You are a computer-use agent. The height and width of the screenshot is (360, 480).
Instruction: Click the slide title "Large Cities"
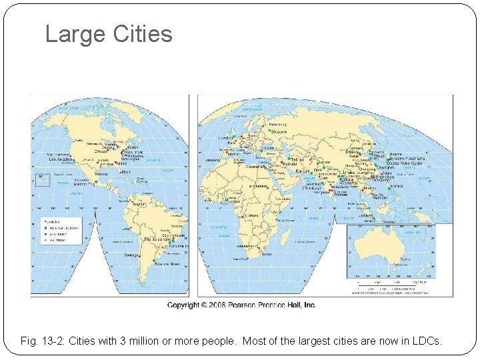tap(108, 34)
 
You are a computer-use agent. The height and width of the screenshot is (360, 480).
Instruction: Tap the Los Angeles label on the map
tap(61, 159)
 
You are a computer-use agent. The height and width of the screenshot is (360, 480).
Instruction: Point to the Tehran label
tap(297, 160)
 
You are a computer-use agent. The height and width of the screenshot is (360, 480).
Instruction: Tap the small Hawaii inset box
tap(42, 179)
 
